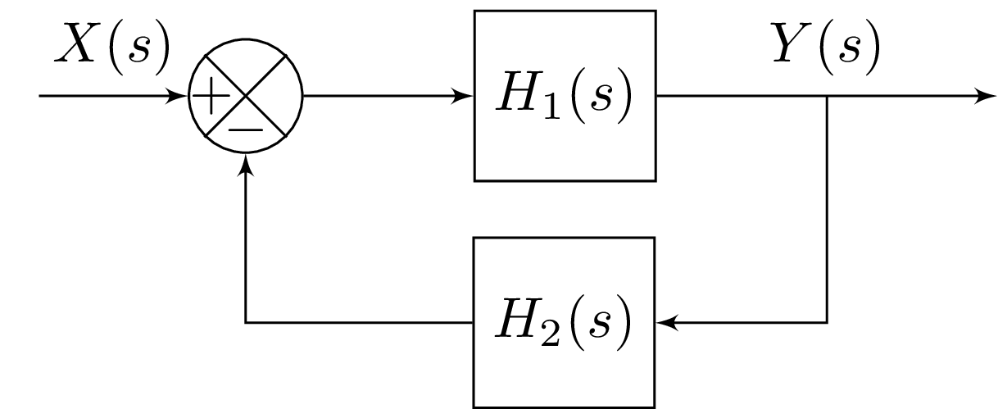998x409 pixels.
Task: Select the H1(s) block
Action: [x=565, y=95]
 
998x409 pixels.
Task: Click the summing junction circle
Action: [x=246, y=95]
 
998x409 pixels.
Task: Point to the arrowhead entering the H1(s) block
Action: [x=467, y=96]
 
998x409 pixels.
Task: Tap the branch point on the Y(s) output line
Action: [x=827, y=96]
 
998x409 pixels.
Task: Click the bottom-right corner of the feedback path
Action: [x=827, y=323]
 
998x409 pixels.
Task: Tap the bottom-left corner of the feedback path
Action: [x=246, y=323]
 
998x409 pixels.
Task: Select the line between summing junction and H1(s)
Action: [x=385, y=96]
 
